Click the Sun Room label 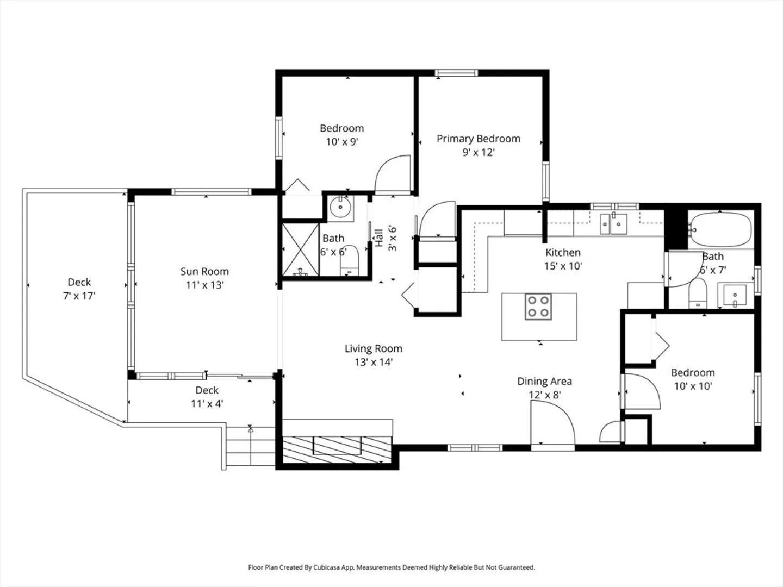[x=204, y=272]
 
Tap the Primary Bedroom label [x=478, y=139]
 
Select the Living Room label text [x=373, y=348]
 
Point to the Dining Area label [x=544, y=382]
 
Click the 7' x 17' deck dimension [x=79, y=296]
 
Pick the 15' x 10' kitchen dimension [x=563, y=266]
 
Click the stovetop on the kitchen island [x=538, y=307]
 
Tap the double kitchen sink [x=613, y=224]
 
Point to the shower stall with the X [x=300, y=249]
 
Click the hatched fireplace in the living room [x=337, y=450]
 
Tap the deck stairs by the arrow [x=251, y=446]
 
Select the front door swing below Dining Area [x=552, y=422]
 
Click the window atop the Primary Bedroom [x=456, y=73]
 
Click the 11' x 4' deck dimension [x=207, y=404]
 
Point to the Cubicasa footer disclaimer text [x=391, y=567]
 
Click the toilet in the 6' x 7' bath [x=698, y=293]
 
